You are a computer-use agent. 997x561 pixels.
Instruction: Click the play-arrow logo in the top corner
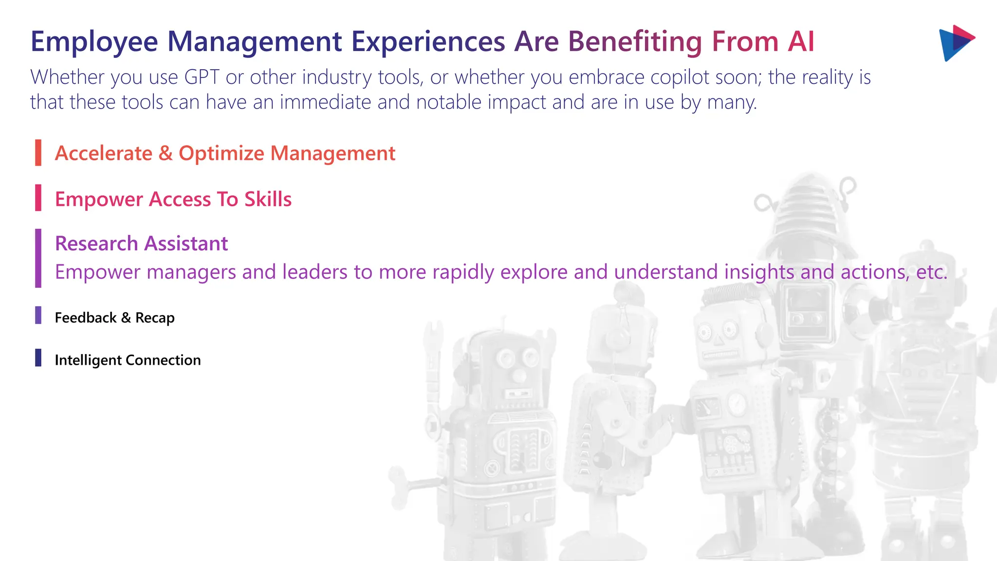pos(956,43)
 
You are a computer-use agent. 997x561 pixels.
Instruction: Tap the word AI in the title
pos(801,42)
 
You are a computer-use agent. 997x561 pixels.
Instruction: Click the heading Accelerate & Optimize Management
pos(225,153)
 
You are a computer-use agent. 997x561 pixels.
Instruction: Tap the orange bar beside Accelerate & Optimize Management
pos(38,152)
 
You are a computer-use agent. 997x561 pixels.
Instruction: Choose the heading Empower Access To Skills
pos(173,199)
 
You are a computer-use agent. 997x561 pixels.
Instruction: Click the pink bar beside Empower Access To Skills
pos(38,198)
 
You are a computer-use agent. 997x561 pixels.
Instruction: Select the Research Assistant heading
pos(141,243)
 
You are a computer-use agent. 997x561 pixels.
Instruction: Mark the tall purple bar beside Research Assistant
pos(38,258)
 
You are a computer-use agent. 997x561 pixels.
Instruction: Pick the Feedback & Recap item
pos(114,318)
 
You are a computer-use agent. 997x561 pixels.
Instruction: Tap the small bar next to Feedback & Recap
pos(38,315)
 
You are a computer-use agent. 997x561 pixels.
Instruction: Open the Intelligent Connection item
pos(128,360)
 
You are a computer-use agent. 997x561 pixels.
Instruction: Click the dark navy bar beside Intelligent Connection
pos(38,357)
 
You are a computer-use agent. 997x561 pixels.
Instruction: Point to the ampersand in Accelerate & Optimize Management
pos(166,153)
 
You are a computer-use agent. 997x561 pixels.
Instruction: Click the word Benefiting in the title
pos(635,42)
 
